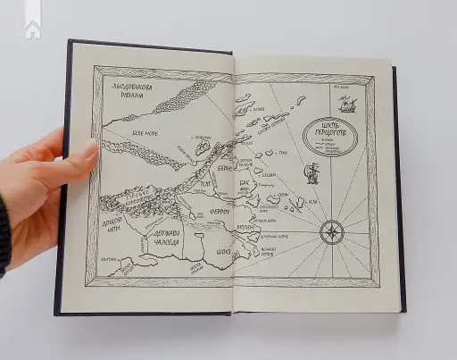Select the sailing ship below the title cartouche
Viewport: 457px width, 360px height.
pyautogui.click(x=312, y=172)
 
